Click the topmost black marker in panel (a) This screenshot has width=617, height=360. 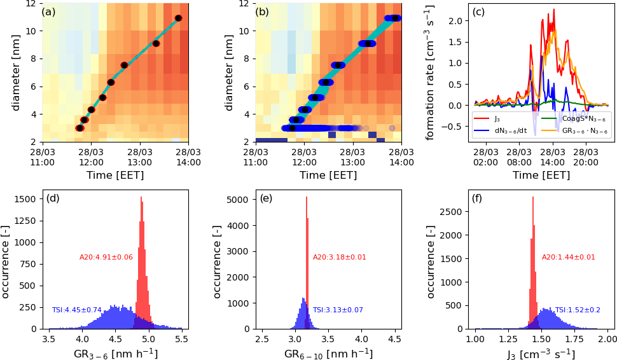coord(178,18)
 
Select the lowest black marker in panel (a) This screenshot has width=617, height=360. coord(80,128)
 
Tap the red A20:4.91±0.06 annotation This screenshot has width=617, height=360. coord(106,257)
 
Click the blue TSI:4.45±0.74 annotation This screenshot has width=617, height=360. coord(77,310)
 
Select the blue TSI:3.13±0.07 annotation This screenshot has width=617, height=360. coord(338,310)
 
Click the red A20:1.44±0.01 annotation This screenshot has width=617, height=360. coord(569,257)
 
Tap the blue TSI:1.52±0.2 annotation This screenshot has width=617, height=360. coord(578,310)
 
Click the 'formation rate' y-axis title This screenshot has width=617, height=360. coord(430,72)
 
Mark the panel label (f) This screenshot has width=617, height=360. coord(479,198)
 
